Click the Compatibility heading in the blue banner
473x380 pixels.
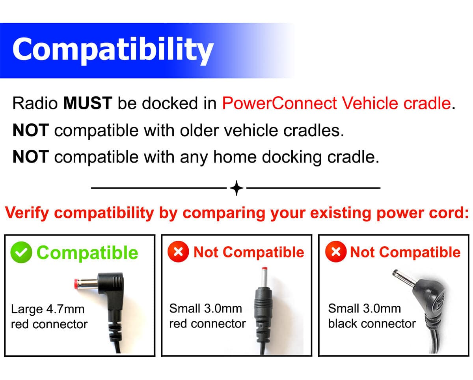coord(113,50)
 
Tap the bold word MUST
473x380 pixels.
coord(88,103)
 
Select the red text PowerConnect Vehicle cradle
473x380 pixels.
coord(336,103)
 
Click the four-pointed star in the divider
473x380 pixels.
coord(236,188)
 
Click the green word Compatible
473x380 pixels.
coord(88,253)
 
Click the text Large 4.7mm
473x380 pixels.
coord(48,309)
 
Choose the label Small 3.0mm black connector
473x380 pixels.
coord(371,316)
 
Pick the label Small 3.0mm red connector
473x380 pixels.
coord(207,316)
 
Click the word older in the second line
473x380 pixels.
coord(199,130)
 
